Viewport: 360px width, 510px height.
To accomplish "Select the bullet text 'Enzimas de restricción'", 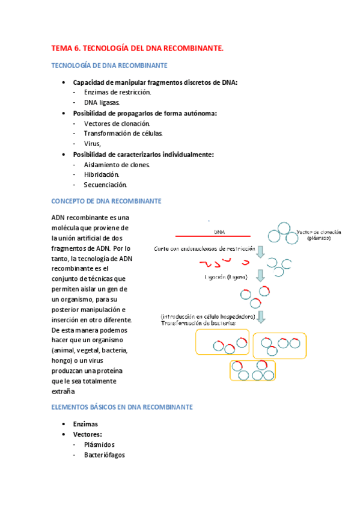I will [117, 93].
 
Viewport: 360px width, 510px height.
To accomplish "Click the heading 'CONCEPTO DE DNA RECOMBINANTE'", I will [106, 201].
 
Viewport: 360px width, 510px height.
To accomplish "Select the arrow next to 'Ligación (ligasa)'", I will [261, 276].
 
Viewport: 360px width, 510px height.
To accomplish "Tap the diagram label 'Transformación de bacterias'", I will [198, 324].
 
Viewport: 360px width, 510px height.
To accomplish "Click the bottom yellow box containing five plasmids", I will [252, 370].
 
